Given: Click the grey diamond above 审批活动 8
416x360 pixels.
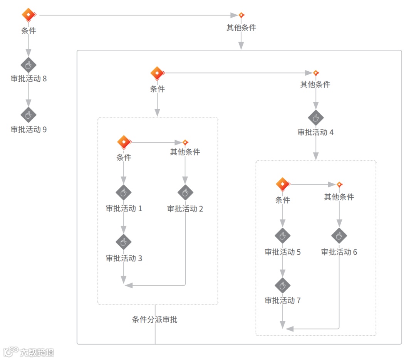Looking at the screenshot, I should click(28, 65).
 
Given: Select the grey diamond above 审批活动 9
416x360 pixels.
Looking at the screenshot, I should click(28, 115).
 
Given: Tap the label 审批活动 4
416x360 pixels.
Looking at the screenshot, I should click(315, 132).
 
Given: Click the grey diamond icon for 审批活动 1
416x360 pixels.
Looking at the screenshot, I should click(124, 192).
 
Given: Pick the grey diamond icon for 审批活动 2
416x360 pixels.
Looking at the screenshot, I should click(185, 192).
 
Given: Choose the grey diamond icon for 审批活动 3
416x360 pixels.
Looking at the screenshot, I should click(124, 242).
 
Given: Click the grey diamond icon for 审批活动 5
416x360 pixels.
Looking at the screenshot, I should click(282, 235).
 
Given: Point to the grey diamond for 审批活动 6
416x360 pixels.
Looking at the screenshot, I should click(339, 235).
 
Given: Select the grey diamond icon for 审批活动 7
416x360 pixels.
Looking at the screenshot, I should click(282, 285).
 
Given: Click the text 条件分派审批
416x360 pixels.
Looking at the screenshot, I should click(155, 320).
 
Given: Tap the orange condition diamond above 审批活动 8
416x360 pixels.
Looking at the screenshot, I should click(28, 15).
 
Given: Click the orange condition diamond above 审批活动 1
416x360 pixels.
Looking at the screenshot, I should click(124, 142).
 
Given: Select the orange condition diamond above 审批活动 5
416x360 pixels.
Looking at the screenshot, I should click(283, 184).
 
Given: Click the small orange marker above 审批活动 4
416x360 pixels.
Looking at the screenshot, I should click(316, 73).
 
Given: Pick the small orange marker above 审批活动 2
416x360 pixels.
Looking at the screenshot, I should click(185, 142).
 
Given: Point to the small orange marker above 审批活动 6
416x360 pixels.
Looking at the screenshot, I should click(339, 185).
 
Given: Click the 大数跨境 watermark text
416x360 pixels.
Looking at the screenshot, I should click(37, 352).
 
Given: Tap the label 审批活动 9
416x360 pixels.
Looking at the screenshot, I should click(29, 130).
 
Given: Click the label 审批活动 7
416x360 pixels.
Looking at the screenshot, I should click(282, 300).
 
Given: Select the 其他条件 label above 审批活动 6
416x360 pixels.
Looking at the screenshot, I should click(339, 197).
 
